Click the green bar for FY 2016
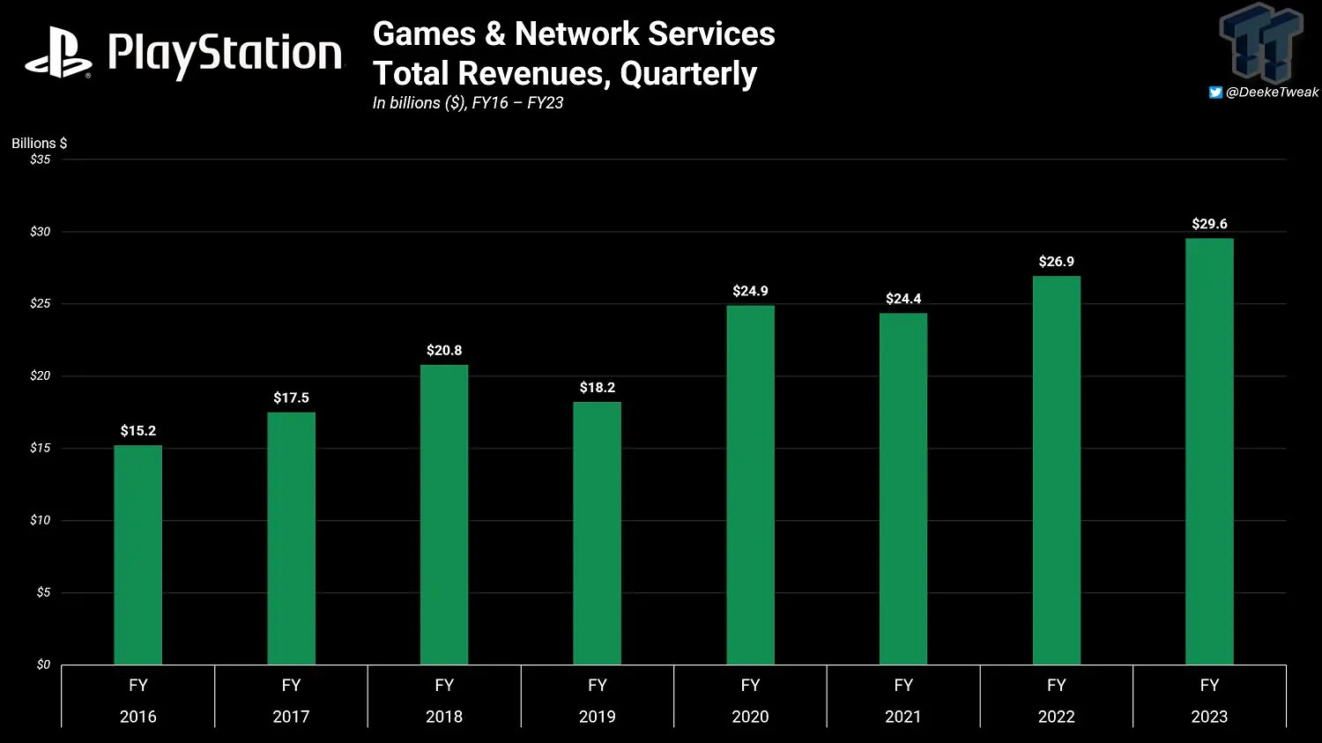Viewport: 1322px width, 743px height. point(137,555)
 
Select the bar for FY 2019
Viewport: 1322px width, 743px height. point(597,533)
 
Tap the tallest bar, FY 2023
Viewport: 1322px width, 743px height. point(1209,451)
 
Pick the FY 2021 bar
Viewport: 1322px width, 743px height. point(902,489)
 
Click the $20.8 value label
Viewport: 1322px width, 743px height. point(444,351)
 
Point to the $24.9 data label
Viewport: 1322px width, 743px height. point(750,291)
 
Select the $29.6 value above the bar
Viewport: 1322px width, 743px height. point(1209,224)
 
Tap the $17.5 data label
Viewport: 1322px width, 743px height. point(291,398)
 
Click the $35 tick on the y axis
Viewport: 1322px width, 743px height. point(41,160)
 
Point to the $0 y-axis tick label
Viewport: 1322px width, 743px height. point(43,665)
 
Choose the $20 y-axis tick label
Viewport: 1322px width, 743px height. point(41,376)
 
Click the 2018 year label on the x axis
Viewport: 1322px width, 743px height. point(444,717)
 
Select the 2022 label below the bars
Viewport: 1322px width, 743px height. point(1056,717)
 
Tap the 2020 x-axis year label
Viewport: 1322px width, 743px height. point(750,717)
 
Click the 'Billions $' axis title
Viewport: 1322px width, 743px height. point(39,143)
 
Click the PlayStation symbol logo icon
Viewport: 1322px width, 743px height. point(58,53)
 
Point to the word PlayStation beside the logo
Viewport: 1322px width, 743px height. point(225,54)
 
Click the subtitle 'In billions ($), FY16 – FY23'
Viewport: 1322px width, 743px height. point(468,103)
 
